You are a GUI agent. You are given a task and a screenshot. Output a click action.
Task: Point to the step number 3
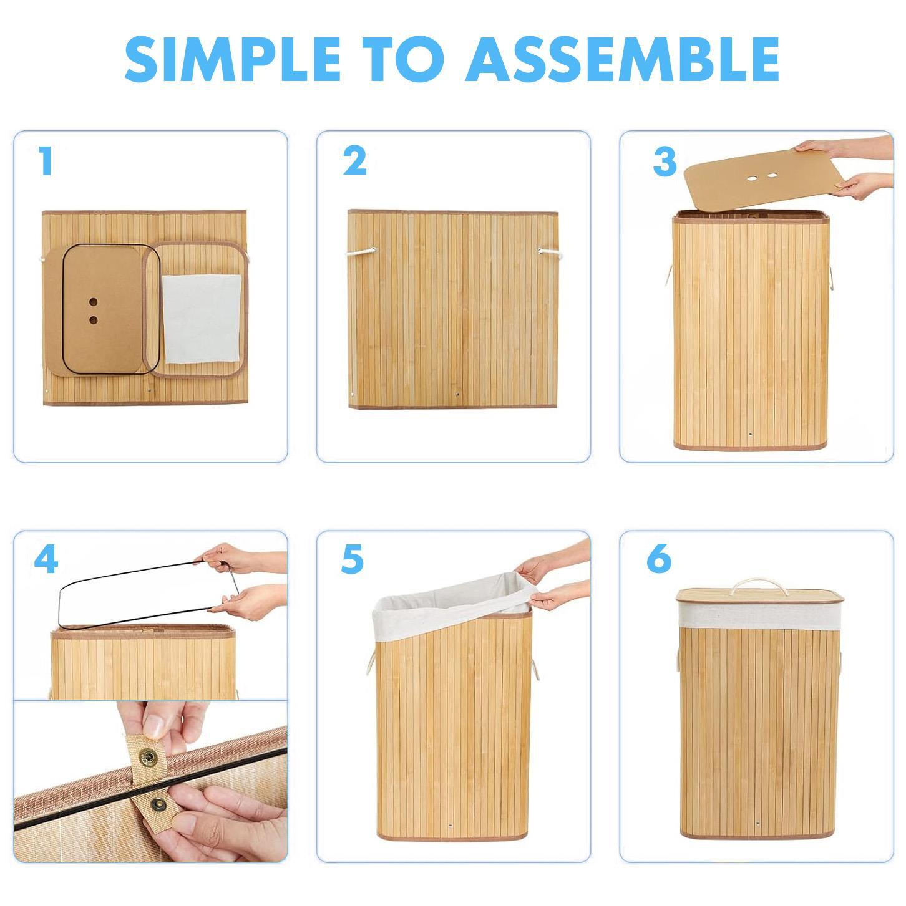pos(665,162)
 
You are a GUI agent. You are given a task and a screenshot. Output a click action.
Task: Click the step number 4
pos(46,559)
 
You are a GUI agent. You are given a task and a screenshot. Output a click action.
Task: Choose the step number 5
pos(352,559)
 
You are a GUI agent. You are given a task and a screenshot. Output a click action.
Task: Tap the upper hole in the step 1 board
pos(93,302)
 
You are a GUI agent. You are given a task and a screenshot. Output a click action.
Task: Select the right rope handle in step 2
pos(547,252)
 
